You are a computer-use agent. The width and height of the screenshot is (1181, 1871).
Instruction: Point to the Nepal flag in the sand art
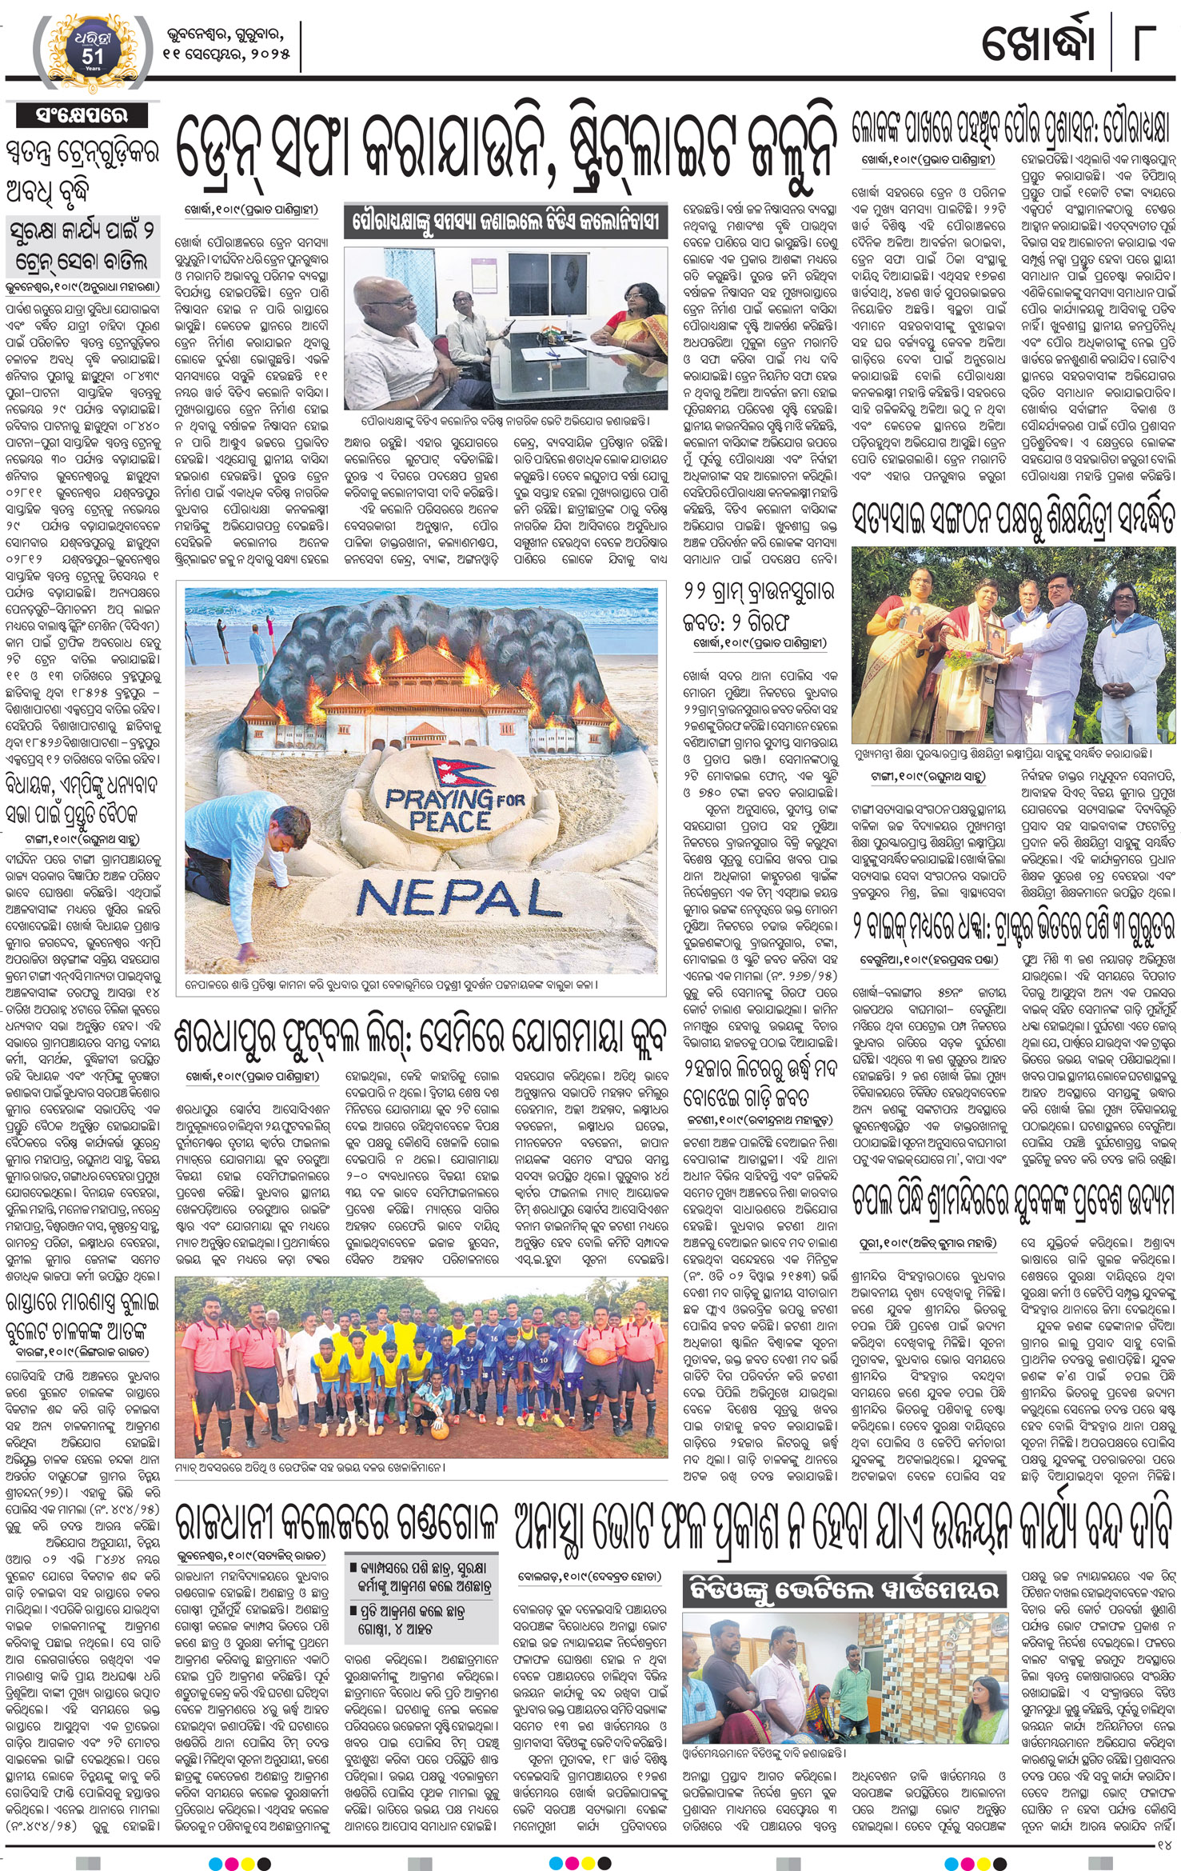point(459,770)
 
